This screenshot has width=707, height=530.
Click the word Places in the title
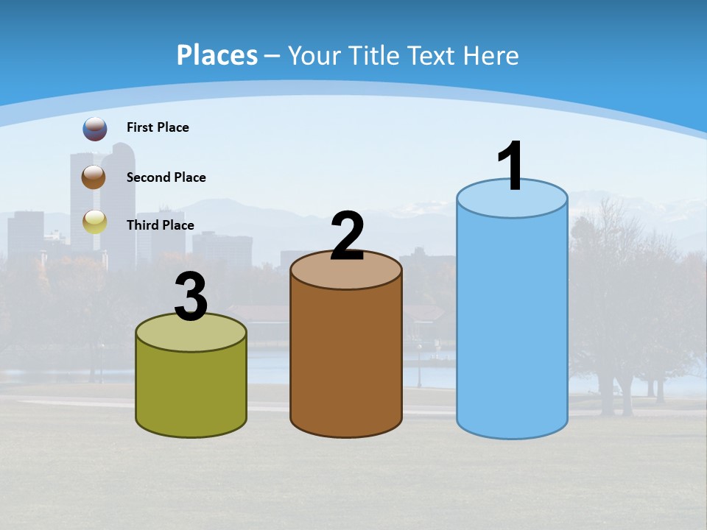coord(217,55)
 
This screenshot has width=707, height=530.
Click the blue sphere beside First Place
coord(95,129)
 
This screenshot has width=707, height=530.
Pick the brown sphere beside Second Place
coord(94,177)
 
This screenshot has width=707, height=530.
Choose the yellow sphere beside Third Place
coord(95,222)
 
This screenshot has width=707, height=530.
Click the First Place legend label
coord(158,127)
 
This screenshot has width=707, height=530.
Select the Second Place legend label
coord(166,177)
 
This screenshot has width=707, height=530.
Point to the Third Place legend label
coord(160,225)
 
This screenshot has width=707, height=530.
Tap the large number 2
coord(347,236)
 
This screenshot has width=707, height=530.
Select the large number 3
coord(191,297)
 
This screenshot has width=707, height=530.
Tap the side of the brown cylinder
coord(346,361)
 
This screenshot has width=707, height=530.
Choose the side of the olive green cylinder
coord(191,390)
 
